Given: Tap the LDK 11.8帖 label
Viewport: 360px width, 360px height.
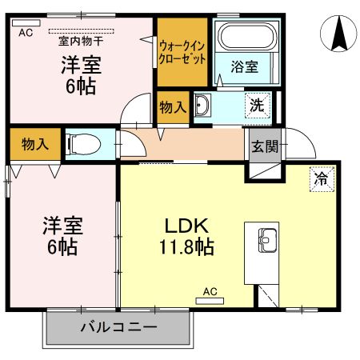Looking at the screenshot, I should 189,235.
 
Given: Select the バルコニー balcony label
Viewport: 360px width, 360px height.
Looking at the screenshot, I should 118,328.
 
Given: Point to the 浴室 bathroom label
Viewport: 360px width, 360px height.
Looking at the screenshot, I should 244,67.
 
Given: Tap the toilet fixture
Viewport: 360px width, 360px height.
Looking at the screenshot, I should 82,145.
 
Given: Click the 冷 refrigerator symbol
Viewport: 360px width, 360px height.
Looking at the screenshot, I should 320,178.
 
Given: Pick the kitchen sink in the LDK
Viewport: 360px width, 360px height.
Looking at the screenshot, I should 266,238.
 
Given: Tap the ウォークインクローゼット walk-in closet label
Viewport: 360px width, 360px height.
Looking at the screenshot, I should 184,53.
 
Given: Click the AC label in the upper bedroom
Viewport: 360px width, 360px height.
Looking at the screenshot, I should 24,32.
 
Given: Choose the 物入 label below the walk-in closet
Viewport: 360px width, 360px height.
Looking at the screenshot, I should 172,105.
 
